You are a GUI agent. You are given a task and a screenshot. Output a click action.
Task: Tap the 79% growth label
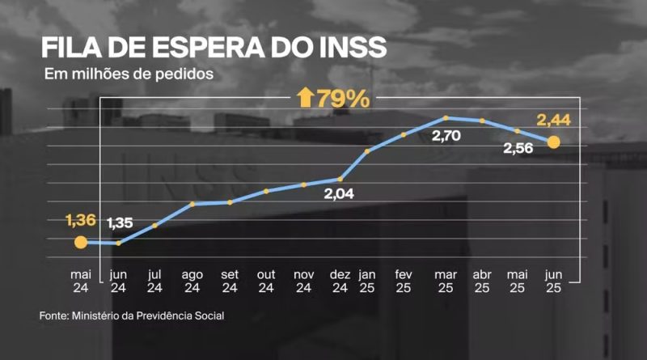coord(343,100)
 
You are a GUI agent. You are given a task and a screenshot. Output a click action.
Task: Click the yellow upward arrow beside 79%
coord(305,100)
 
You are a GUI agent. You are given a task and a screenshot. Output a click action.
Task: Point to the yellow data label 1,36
coord(79,219)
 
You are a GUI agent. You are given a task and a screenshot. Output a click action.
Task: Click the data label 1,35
coord(119,222)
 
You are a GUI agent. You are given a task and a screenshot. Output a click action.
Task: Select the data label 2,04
coord(339,194)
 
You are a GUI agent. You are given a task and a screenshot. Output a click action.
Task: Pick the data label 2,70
coord(446,137)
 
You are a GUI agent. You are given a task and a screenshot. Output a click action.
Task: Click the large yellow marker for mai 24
coord(80,242)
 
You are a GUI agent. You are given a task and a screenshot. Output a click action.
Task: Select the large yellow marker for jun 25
coord(554,142)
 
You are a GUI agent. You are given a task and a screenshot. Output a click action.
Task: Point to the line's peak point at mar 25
coord(446,118)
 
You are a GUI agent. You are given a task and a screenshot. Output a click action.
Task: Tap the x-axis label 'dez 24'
coord(340,280)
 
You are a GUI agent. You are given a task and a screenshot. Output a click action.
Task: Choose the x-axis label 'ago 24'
coord(192,280)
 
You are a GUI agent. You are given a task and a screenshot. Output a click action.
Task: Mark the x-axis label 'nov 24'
coord(303,280)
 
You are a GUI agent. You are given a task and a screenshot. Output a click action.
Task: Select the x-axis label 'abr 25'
coord(481,280)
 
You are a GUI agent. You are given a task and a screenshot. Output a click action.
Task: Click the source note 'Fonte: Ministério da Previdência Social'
coord(132,316)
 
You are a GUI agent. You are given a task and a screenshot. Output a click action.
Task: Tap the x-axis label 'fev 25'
coord(404,280)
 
